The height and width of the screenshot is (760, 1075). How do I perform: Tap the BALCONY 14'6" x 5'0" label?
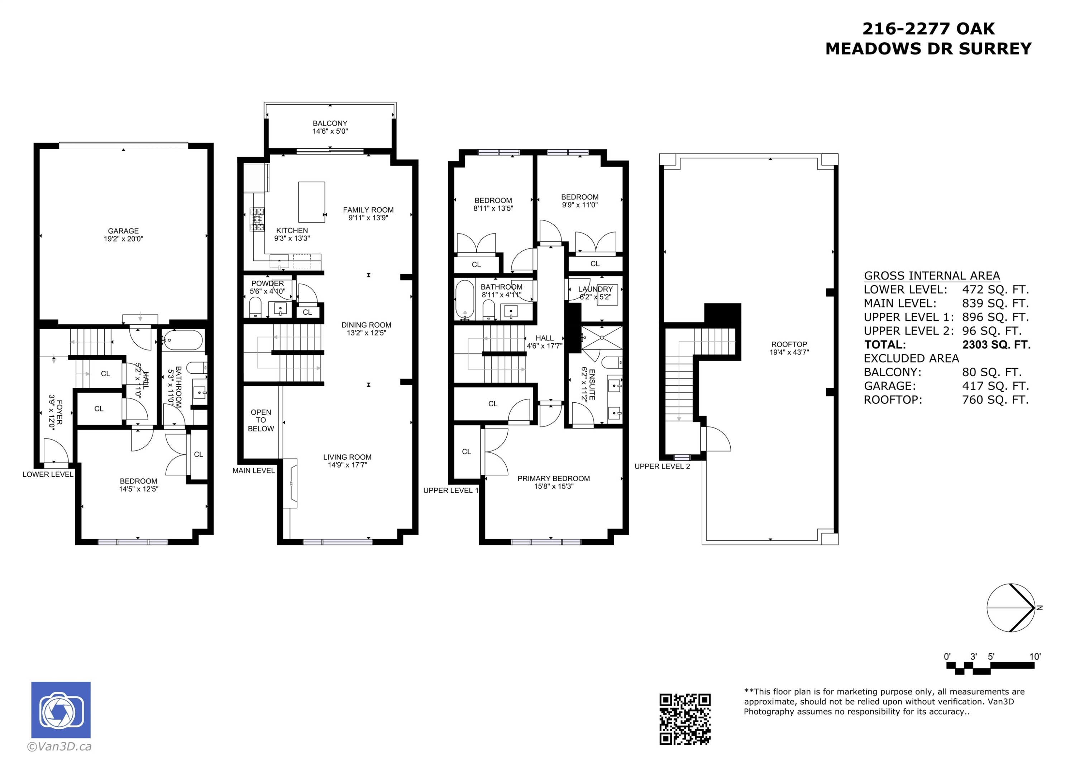click(x=330, y=127)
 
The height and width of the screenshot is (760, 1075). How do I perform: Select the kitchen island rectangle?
click(x=311, y=202)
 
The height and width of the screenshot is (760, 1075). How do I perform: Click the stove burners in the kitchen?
click(x=258, y=219)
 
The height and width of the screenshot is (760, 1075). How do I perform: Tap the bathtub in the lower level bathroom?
click(x=183, y=340)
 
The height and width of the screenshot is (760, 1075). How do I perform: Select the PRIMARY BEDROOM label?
click(x=553, y=482)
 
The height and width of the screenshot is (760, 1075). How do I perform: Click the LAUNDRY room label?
click(x=595, y=293)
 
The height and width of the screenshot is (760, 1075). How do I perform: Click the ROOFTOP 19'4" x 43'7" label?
click(x=789, y=348)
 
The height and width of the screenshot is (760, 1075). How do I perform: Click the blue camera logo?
click(x=61, y=710)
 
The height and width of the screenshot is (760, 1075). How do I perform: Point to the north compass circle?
click(x=1010, y=608)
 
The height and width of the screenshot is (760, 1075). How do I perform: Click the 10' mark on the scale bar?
click(x=1035, y=656)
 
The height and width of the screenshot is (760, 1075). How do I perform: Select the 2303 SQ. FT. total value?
click(x=996, y=345)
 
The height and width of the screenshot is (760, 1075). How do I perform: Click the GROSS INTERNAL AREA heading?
click(x=932, y=276)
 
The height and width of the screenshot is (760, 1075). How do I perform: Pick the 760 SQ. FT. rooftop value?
click(x=995, y=400)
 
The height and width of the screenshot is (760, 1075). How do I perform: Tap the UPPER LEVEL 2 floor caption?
click(x=662, y=467)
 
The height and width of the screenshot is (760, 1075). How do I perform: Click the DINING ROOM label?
click(x=366, y=329)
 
